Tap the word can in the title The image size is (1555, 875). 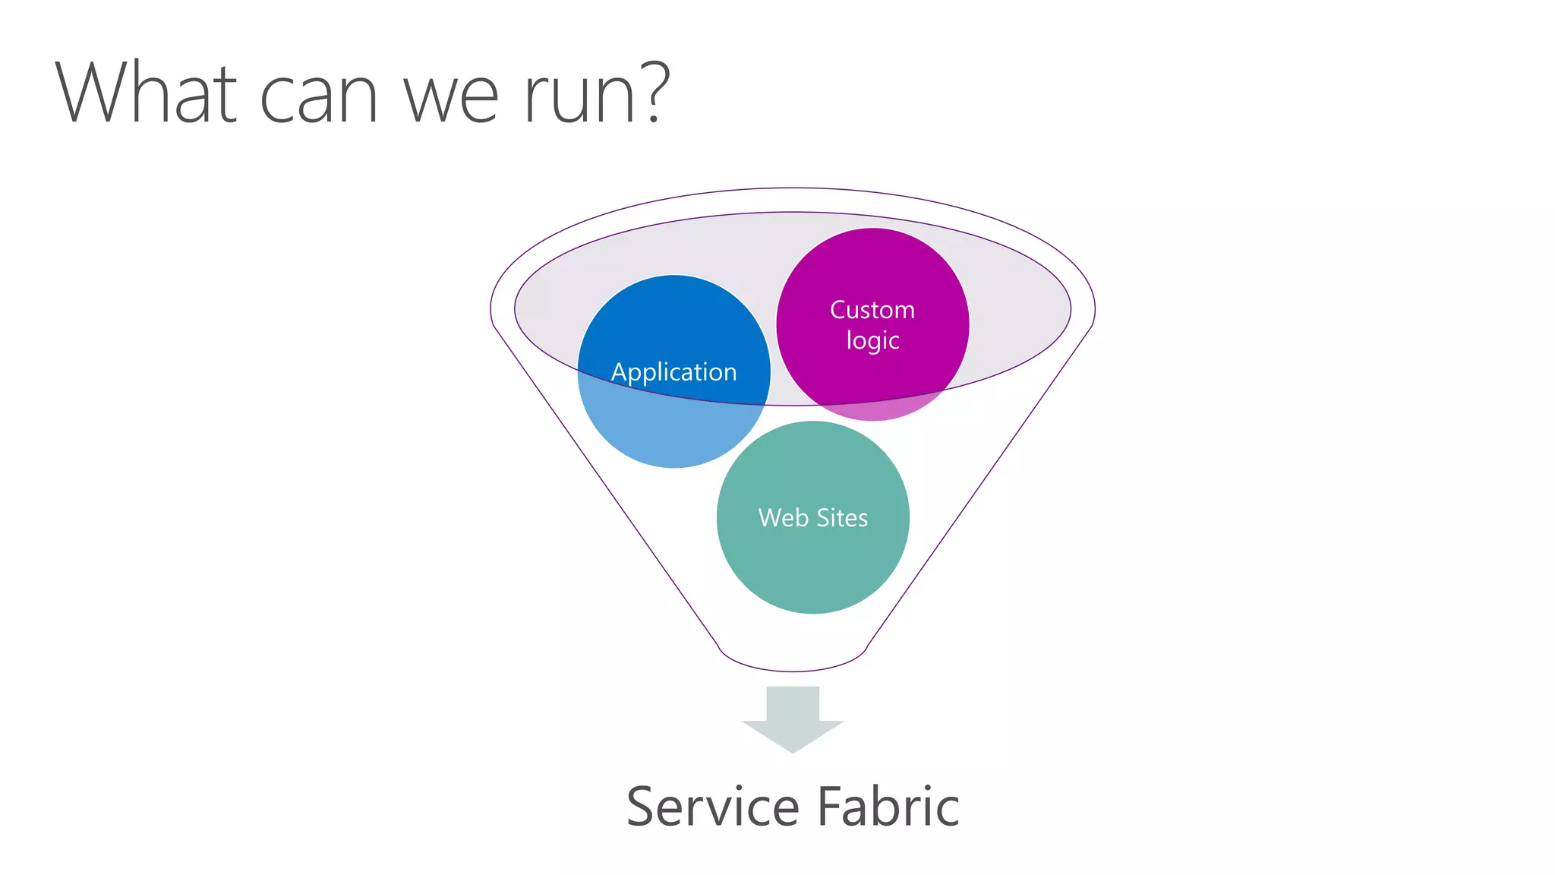[x=318, y=99]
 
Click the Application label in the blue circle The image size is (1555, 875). [x=673, y=372]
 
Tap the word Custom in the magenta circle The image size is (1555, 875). [x=872, y=310]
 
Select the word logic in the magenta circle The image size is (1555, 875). [x=872, y=341]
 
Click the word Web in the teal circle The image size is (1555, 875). [x=783, y=518]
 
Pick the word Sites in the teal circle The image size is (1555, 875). [x=842, y=518]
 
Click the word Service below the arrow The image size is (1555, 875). [x=712, y=807]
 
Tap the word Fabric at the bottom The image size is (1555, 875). [x=888, y=807]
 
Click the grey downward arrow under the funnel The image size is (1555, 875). [x=793, y=718]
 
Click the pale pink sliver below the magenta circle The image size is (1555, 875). [x=873, y=409]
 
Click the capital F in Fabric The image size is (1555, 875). [x=829, y=807]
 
